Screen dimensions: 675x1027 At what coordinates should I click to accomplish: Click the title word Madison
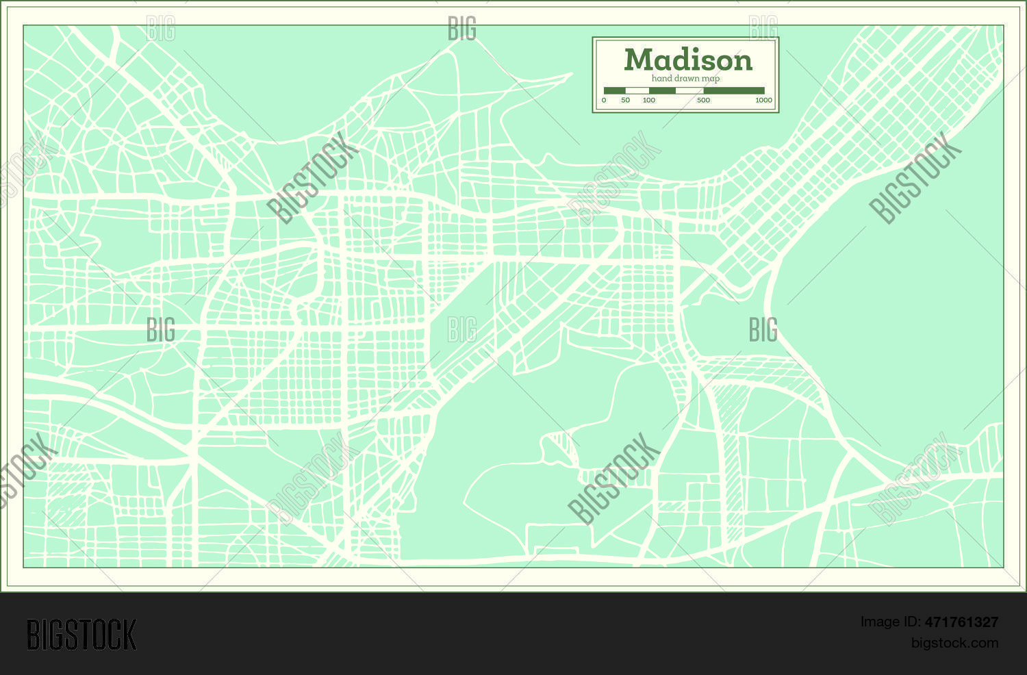tap(688, 60)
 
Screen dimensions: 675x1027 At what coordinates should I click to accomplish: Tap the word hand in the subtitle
tap(662, 79)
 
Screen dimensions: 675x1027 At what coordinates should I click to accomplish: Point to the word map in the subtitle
tap(712, 79)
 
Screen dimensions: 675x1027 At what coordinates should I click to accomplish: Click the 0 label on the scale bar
tap(604, 100)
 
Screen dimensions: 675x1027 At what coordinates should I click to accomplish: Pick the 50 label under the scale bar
tap(625, 100)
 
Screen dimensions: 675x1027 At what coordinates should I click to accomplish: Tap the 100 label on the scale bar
tap(648, 100)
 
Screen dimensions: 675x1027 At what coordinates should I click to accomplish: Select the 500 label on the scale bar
tap(703, 100)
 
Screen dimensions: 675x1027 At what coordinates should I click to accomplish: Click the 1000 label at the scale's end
tap(763, 100)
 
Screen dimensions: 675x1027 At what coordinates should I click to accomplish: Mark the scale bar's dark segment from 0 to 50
tap(614, 90)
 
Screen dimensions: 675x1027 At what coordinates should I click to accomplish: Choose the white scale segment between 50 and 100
tap(637, 90)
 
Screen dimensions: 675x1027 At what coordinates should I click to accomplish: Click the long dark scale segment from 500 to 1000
tap(734, 90)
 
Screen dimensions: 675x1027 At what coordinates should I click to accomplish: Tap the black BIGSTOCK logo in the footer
tap(81, 635)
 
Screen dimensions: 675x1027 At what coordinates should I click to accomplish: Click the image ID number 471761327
tap(961, 622)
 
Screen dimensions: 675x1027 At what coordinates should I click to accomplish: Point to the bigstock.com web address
tap(954, 643)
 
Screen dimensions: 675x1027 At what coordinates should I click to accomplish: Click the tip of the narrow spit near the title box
tap(570, 74)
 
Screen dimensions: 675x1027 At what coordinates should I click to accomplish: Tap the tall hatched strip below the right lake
tap(733, 466)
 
